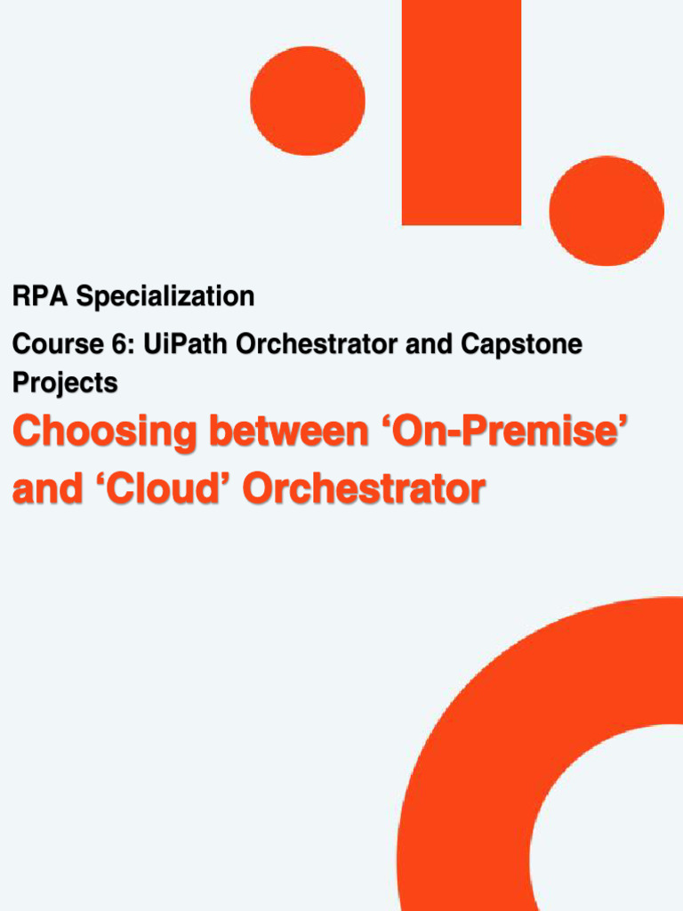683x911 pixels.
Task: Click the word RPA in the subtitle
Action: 40,296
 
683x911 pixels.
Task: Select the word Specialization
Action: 165,296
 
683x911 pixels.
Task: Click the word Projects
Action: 65,383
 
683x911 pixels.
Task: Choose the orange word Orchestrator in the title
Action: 364,488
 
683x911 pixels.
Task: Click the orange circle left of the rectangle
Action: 308,101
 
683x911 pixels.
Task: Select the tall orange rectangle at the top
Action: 461,112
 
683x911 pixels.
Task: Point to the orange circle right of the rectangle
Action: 607,211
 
